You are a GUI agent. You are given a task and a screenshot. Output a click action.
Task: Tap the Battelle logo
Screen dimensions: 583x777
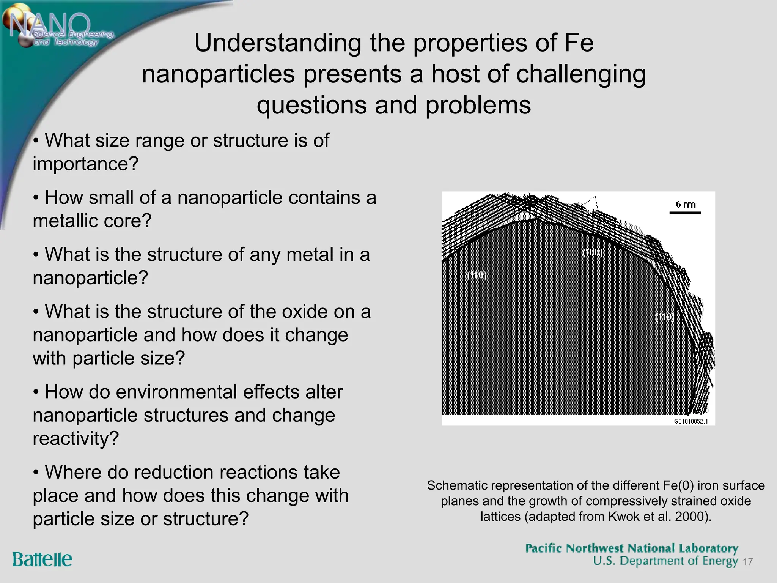click(42, 559)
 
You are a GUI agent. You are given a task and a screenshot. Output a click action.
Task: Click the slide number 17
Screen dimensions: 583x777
click(747, 562)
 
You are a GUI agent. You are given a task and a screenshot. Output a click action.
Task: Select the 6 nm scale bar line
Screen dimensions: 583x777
click(685, 213)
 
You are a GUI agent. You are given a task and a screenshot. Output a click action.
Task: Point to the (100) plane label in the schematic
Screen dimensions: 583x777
click(592, 252)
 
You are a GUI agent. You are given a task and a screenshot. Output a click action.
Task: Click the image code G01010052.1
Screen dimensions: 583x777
click(691, 421)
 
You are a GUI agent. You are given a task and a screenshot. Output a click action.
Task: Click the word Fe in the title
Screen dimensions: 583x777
click(579, 43)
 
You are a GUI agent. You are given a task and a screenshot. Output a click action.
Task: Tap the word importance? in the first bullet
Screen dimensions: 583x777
click(86, 164)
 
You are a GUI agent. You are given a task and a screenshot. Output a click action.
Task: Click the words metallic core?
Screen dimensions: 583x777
click(92, 221)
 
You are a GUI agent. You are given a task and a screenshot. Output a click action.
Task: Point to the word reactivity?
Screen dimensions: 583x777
click(76, 439)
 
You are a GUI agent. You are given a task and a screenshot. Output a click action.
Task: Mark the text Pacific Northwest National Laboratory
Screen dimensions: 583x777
click(632, 548)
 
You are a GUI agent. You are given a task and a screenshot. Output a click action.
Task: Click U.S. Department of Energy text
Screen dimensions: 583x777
click(666, 561)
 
